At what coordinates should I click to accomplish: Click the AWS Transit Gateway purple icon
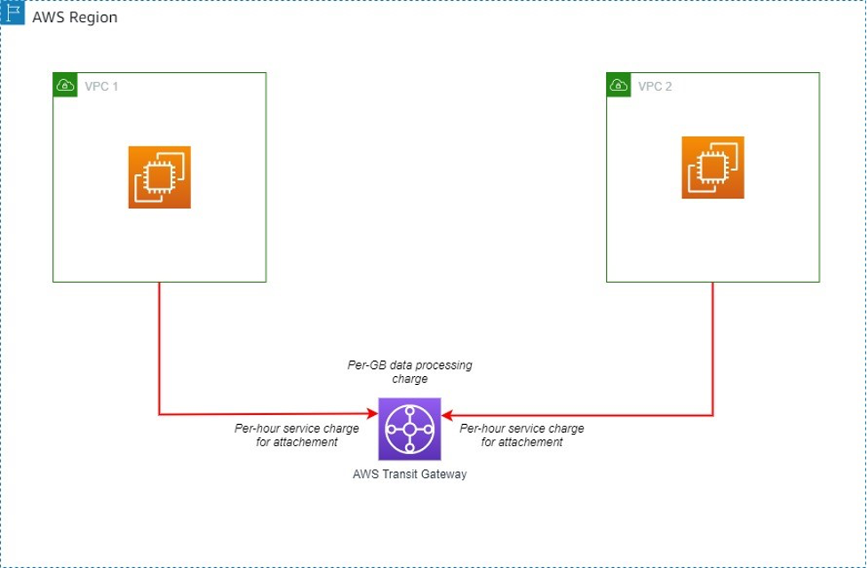409,428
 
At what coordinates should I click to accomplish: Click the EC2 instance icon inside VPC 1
159,177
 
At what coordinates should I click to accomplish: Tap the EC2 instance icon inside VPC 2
713,167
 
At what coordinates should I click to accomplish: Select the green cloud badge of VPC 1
64,85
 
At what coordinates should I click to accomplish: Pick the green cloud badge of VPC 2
618,85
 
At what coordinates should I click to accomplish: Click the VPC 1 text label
101,86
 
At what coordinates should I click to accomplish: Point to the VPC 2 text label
655,86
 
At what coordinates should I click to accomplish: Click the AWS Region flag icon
12,17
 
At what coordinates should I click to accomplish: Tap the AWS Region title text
75,18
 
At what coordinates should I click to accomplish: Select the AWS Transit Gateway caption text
410,474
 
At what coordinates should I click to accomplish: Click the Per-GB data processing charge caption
410,372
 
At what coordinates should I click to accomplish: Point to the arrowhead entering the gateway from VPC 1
373,414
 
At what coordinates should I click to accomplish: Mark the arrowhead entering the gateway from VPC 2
446,414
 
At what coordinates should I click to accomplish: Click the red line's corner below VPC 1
159,414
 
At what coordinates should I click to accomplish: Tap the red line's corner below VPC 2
713,414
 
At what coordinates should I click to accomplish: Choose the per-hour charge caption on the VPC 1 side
297,435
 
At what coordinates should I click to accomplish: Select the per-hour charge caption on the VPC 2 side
522,435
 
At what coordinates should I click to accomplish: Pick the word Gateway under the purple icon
444,474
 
